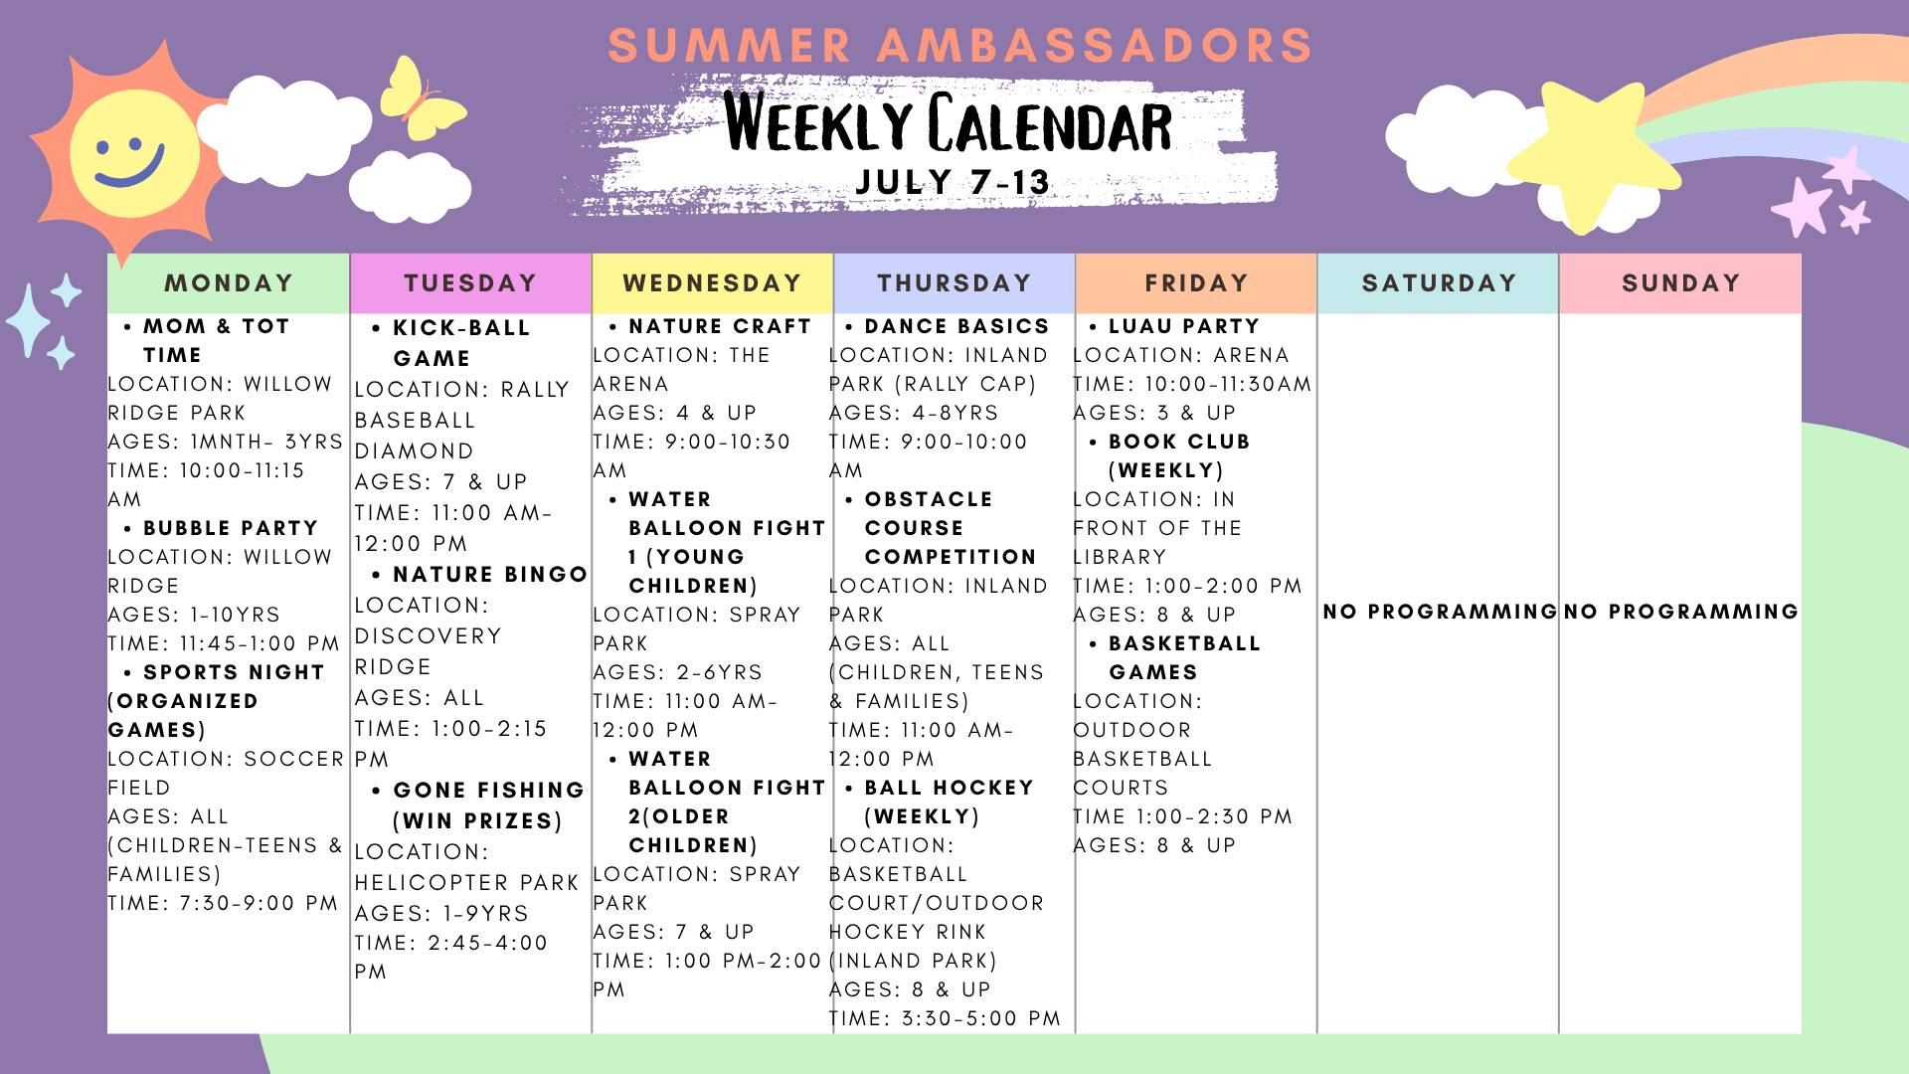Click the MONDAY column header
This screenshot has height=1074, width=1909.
[x=229, y=283]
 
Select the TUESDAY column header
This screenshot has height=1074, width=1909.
[x=470, y=283]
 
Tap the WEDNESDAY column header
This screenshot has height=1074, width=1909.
[x=712, y=283]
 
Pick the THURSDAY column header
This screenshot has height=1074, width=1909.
[x=954, y=283]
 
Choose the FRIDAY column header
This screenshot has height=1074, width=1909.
[x=1196, y=283]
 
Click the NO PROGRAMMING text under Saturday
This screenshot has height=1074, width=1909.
[x=1439, y=612]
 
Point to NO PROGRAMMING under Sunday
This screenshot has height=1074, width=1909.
[x=1680, y=612]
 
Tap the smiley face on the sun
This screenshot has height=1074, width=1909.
[x=131, y=154]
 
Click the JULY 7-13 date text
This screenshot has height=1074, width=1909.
[x=953, y=182]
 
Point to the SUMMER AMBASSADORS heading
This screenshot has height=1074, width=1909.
[x=959, y=46]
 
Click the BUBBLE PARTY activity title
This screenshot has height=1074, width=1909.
[x=231, y=528]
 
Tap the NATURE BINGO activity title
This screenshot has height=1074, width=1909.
[x=489, y=575]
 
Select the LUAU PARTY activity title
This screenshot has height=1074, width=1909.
[x=1184, y=326]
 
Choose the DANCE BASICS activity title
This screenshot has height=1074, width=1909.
[x=956, y=326]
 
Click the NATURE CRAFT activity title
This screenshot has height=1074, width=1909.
[x=720, y=326]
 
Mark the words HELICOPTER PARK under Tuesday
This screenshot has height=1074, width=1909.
[x=466, y=883]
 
